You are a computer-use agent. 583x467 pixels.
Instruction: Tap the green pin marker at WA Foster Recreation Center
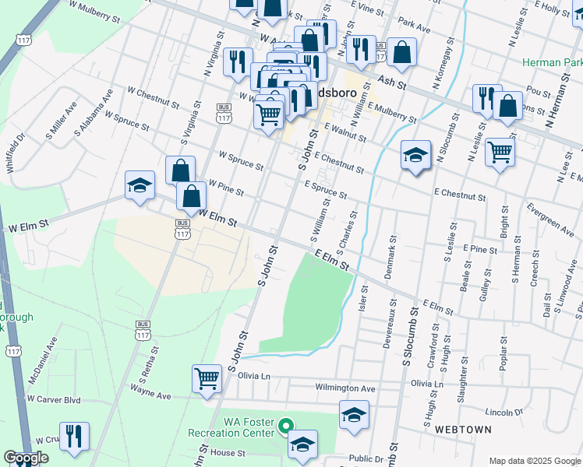[286, 426]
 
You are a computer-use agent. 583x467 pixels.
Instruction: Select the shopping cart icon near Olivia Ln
[207, 379]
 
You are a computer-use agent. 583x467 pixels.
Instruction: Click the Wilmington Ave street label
[345, 388]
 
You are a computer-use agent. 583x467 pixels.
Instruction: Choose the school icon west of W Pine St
[140, 185]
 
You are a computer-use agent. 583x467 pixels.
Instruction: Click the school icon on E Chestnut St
[416, 155]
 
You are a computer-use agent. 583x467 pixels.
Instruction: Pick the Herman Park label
[553, 63]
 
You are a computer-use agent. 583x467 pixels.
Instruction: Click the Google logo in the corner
[26, 458]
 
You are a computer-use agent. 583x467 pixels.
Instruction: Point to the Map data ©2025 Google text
[534, 461]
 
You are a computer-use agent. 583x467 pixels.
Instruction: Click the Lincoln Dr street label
[503, 411]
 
